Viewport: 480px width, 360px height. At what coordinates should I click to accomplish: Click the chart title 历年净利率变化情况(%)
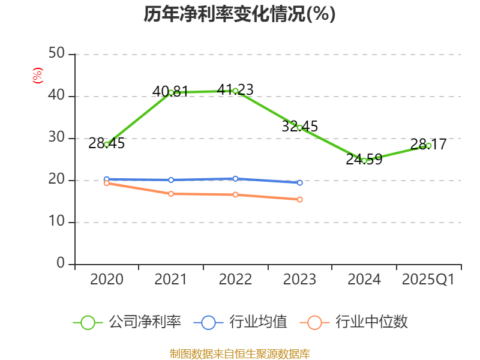239,14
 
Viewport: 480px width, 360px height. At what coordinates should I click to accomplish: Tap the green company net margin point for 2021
171,92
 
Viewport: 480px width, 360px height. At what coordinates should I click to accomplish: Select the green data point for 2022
235,91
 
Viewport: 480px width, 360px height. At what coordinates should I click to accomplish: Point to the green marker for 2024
364,161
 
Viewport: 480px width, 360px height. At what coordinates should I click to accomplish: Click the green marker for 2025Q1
428,145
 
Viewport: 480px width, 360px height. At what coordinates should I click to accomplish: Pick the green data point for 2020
107,144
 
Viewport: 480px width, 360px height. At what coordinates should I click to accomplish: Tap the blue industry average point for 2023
299,182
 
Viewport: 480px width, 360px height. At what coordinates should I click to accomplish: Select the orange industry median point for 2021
171,194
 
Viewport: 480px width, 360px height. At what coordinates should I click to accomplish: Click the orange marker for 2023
299,199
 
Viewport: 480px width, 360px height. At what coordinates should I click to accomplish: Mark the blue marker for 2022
235,178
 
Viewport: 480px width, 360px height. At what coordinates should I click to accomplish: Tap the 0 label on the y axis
61,263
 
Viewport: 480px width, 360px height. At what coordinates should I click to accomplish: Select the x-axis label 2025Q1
428,280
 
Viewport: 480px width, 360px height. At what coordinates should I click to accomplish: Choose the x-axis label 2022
235,280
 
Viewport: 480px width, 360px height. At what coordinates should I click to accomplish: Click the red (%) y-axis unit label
37,76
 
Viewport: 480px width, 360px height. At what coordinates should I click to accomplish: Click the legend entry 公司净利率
127,322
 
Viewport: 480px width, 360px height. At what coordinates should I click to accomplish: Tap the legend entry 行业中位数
357,322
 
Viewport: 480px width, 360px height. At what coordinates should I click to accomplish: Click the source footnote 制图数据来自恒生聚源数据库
239,353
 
